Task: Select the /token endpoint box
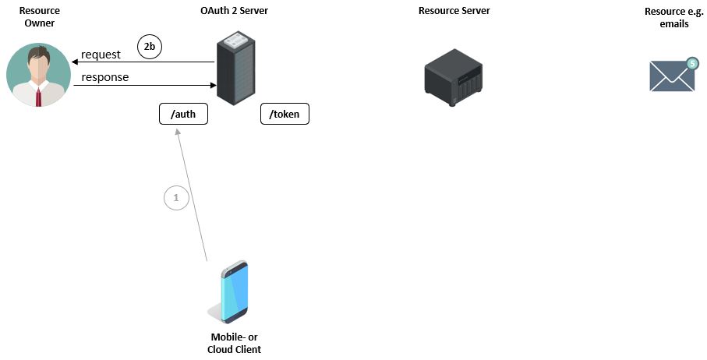tap(285, 115)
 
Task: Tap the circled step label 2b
tap(149, 48)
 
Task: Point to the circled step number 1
tap(176, 199)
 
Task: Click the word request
tap(101, 55)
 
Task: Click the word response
tap(105, 77)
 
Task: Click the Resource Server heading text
tap(454, 11)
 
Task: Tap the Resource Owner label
tap(39, 17)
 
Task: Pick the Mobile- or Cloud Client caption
tap(234, 343)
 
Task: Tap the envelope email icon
tap(671, 77)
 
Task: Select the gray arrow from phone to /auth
tap(193, 195)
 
